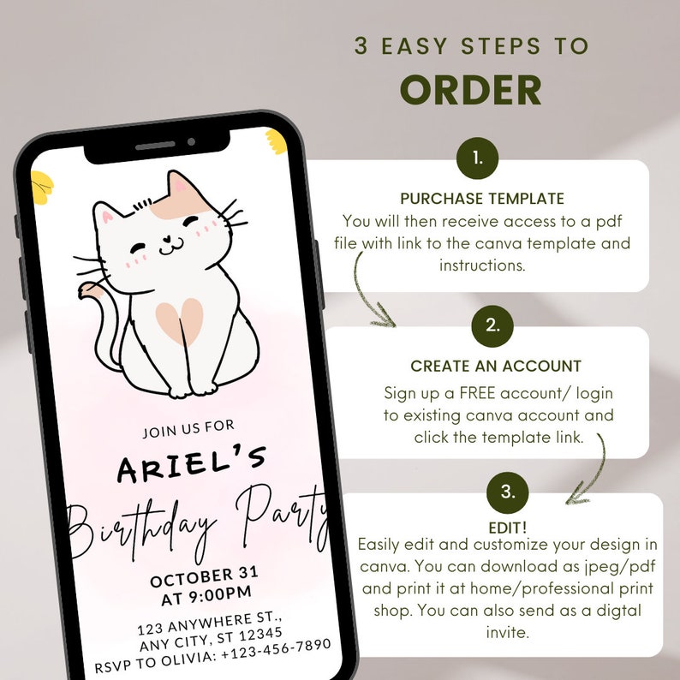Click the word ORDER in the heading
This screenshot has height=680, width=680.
point(471,90)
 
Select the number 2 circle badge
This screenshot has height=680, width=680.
point(492,325)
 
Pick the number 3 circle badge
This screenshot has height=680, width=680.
point(508,492)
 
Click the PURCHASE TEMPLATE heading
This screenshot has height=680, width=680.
point(482,199)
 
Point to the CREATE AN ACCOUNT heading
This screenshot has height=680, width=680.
point(496,366)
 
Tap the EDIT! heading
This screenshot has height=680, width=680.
point(509,526)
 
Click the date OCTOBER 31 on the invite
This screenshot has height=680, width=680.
point(204,575)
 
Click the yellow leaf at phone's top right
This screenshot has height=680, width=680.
point(276,140)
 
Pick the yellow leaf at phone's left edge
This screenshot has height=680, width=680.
point(42,183)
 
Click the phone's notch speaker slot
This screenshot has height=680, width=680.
point(155,146)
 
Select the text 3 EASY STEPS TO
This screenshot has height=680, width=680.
point(471,46)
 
